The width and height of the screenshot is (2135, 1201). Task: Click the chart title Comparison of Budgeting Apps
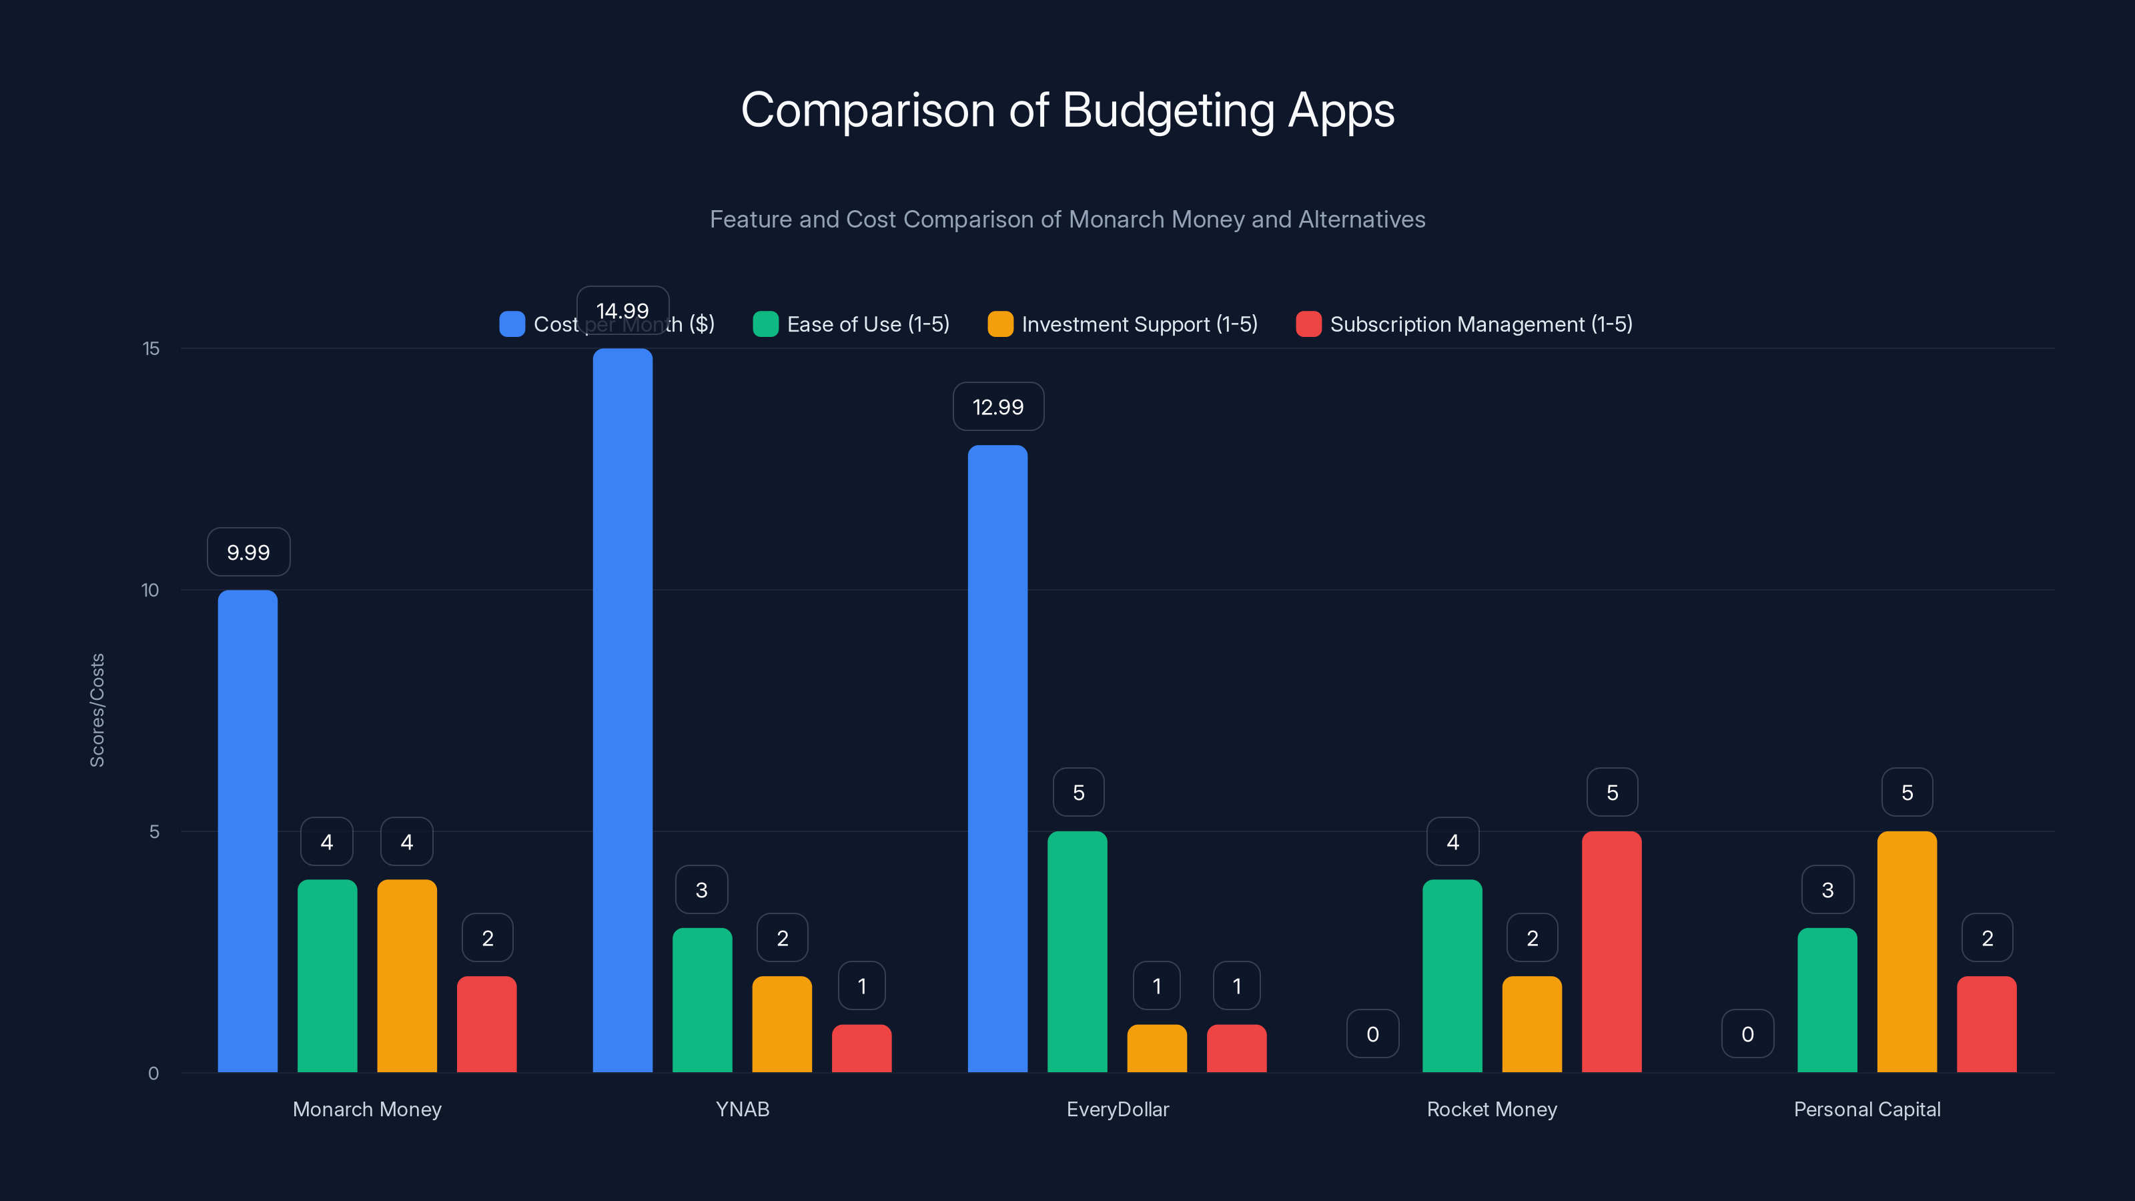1067,110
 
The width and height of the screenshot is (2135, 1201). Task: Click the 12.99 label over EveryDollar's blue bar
998,407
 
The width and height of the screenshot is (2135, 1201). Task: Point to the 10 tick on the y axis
150,590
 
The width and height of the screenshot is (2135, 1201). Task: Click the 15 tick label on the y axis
151,349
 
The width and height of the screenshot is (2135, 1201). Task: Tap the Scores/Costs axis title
97,711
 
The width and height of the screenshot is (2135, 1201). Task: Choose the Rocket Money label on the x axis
1491,1109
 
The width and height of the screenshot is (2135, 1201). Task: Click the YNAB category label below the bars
742,1109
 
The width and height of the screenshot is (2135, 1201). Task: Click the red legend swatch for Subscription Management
1308,324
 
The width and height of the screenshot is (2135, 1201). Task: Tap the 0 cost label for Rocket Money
1372,1034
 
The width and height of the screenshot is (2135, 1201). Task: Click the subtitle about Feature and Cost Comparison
1067,220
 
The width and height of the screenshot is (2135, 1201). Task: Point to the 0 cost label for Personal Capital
1747,1034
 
